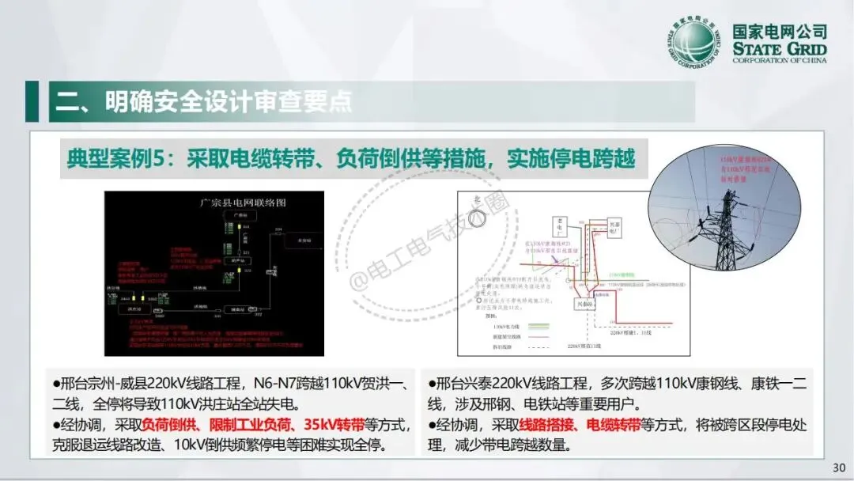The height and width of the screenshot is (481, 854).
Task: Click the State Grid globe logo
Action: point(697,44)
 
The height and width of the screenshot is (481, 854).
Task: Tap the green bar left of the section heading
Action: point(32,101)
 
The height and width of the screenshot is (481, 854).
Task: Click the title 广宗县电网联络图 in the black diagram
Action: point(243,203)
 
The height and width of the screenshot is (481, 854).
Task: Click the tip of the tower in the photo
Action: point(726,183)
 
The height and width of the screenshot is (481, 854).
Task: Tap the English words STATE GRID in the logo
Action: point(779,50)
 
